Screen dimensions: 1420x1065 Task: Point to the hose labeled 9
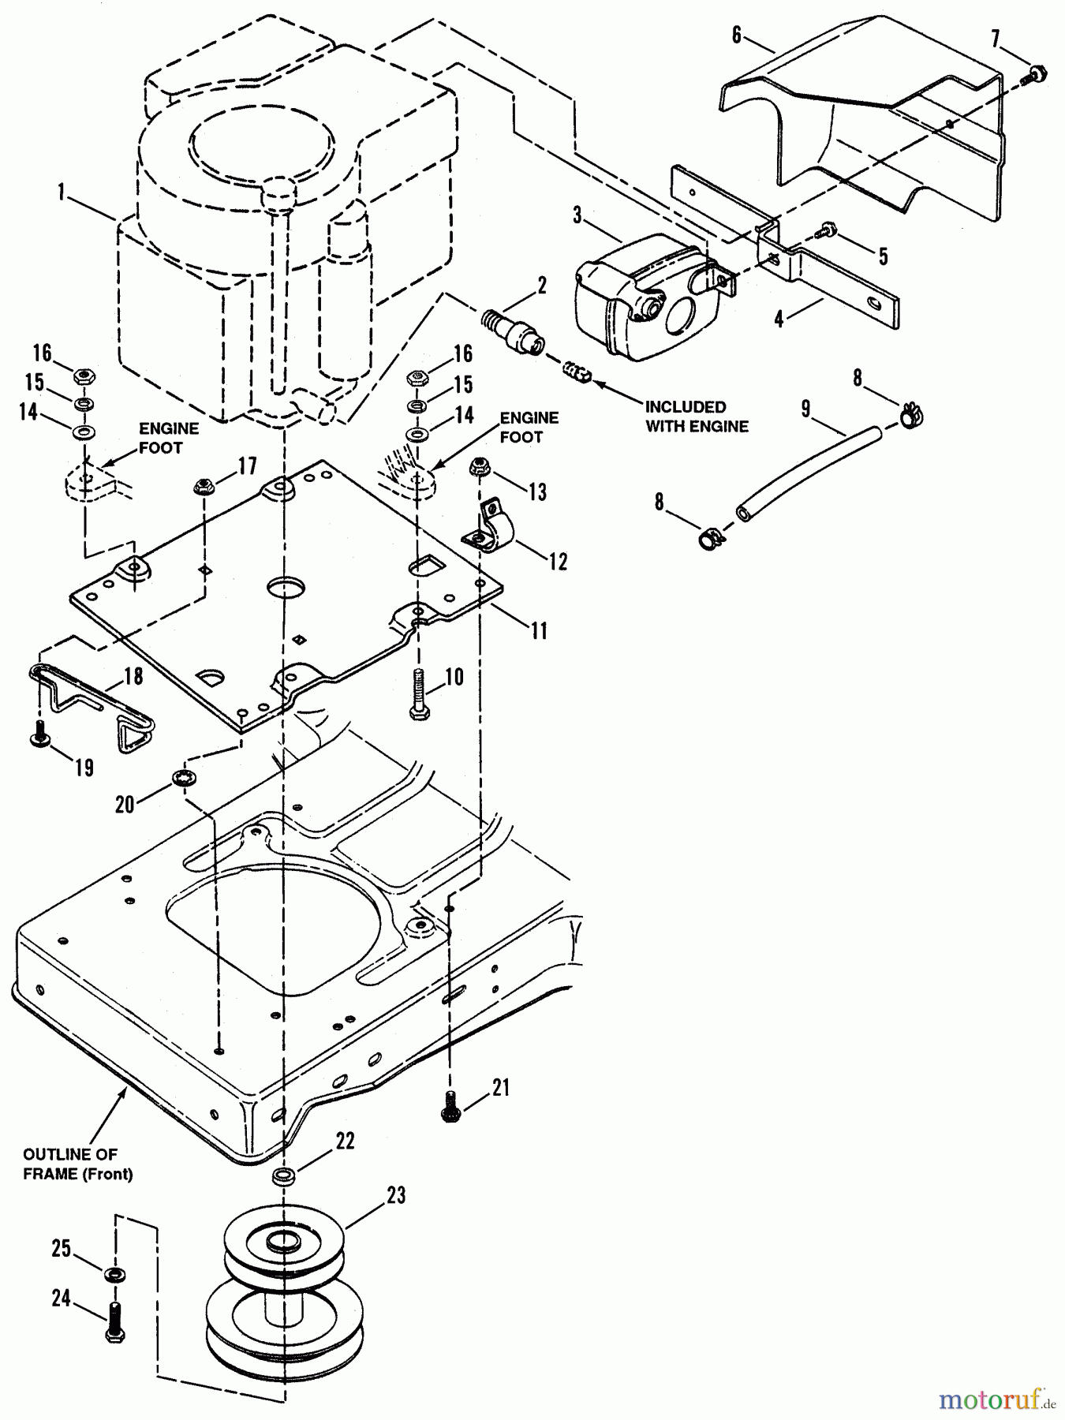(813, 469)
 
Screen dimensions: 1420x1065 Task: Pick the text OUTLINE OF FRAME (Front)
(78, 1164)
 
